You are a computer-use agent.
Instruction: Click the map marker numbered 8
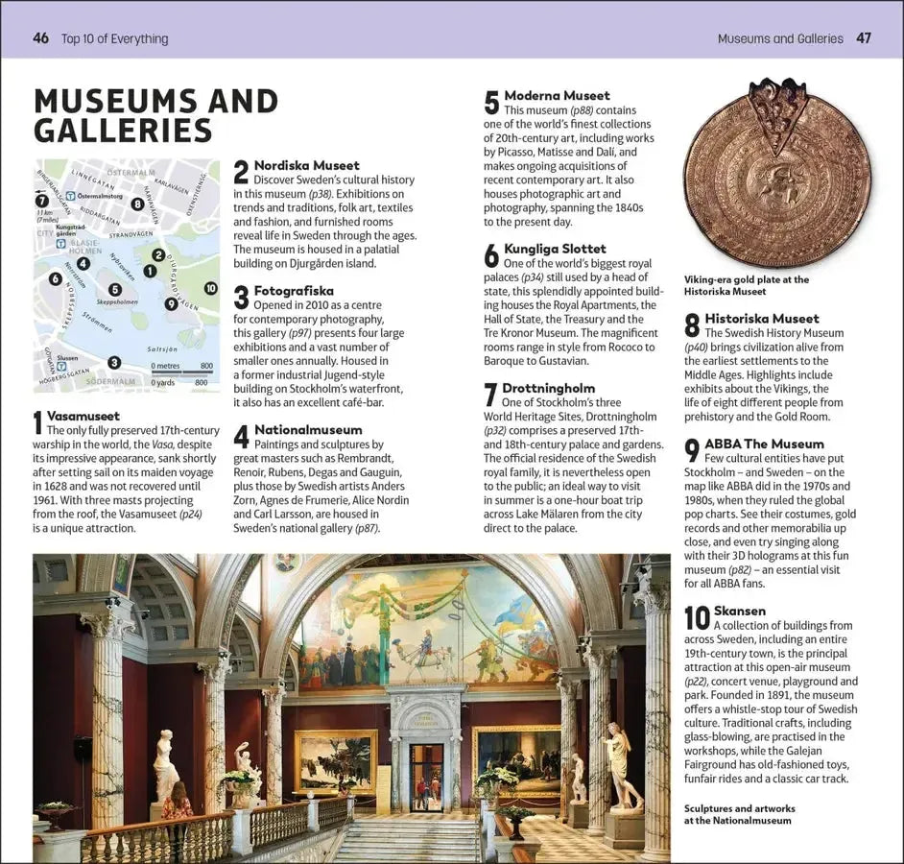point(137,204)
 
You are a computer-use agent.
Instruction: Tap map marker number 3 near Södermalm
point(114,362)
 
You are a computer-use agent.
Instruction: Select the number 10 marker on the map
point(211,288)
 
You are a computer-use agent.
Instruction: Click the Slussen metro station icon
point(48,358)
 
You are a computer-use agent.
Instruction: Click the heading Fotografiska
point(294,291)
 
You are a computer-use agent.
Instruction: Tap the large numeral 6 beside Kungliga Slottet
point(490,255)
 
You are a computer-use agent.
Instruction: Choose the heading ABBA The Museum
point(764,444)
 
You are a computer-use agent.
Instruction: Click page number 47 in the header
point(864,38)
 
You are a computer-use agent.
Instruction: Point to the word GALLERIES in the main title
point(123,131)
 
